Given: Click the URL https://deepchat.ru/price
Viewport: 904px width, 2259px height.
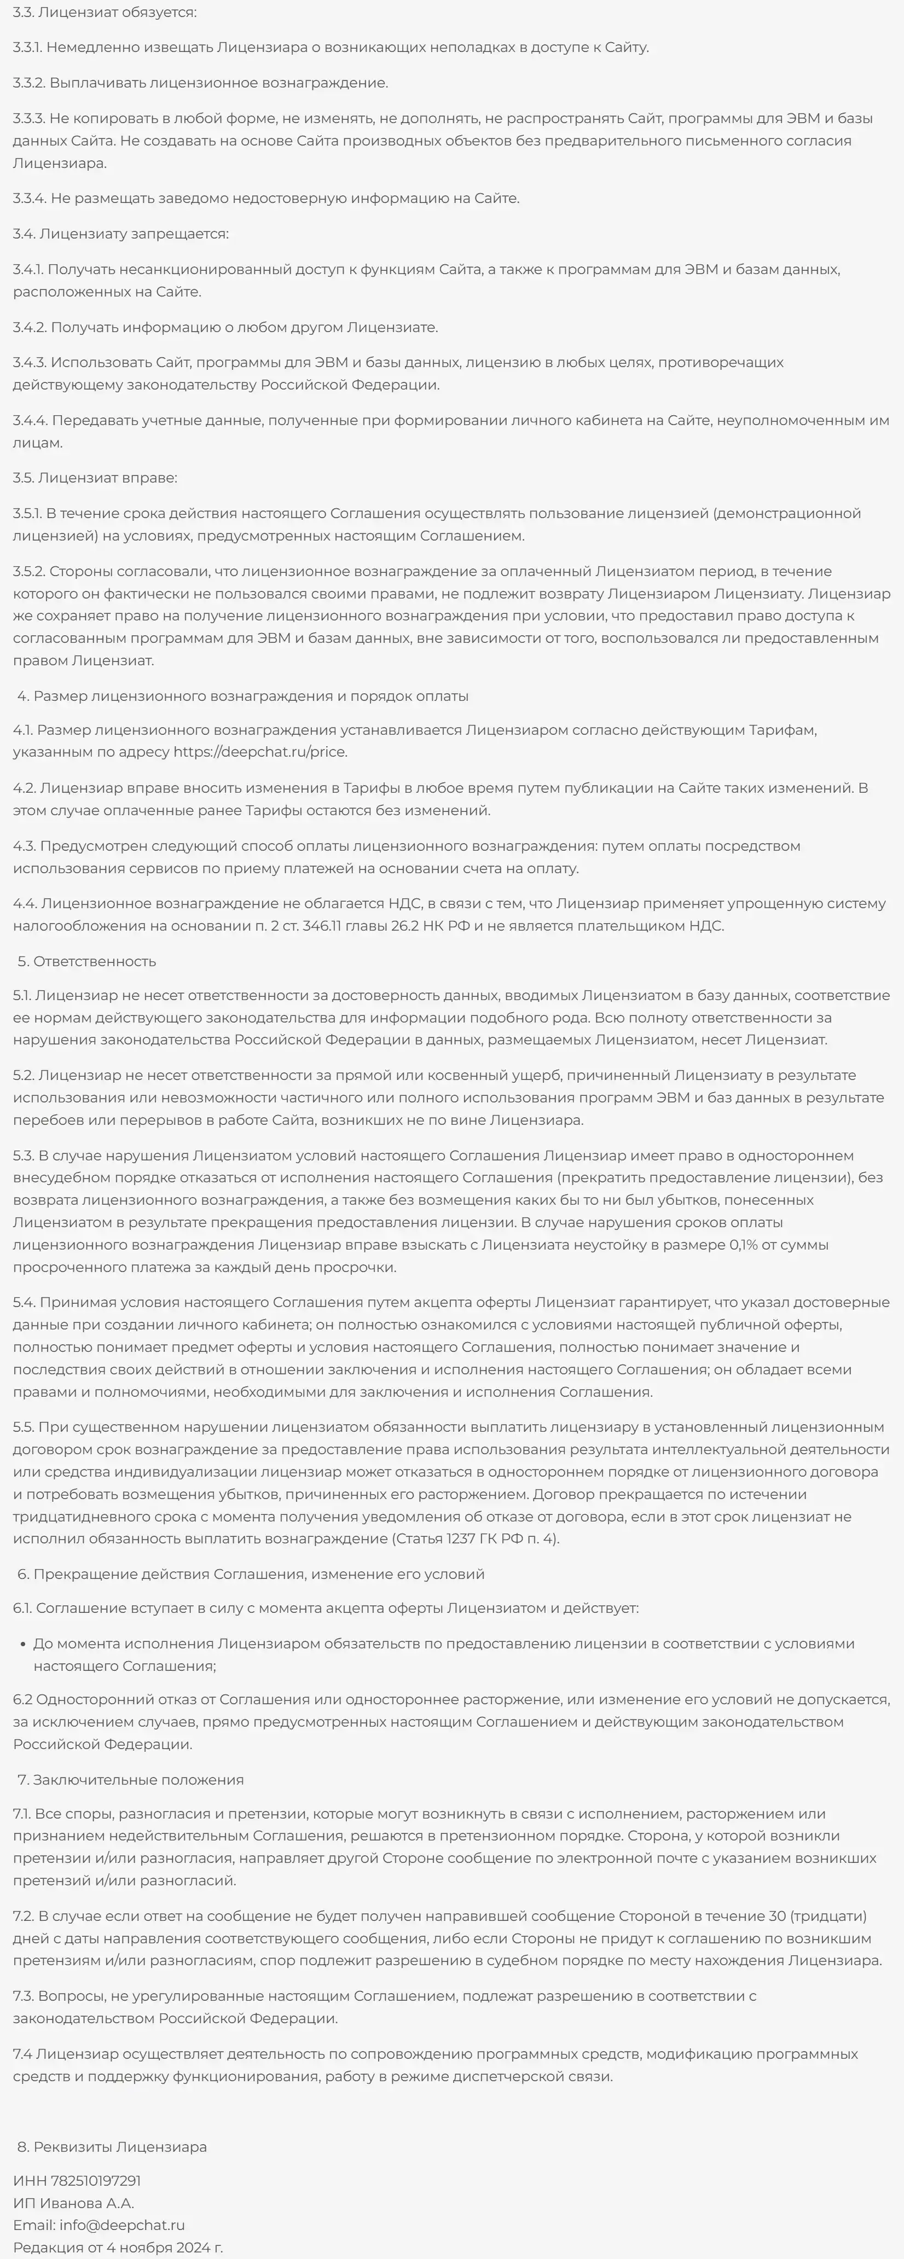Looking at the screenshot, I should click(259, 752).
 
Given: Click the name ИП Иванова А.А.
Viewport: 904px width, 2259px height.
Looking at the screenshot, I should click(74, 2203).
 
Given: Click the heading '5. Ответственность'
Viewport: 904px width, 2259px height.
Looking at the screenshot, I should click(87, 961).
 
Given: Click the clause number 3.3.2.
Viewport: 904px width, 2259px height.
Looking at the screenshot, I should click(29, 83).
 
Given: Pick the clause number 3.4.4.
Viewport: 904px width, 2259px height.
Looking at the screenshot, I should click(30, 420).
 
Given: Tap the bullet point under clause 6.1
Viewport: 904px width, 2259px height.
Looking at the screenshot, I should click(23, 1644).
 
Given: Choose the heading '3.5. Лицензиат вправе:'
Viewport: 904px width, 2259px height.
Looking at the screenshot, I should click(95, 478).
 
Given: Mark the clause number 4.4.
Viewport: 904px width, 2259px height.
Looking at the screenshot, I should click(25, 903).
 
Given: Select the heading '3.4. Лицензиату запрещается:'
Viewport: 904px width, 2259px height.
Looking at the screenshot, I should click(120, 234).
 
